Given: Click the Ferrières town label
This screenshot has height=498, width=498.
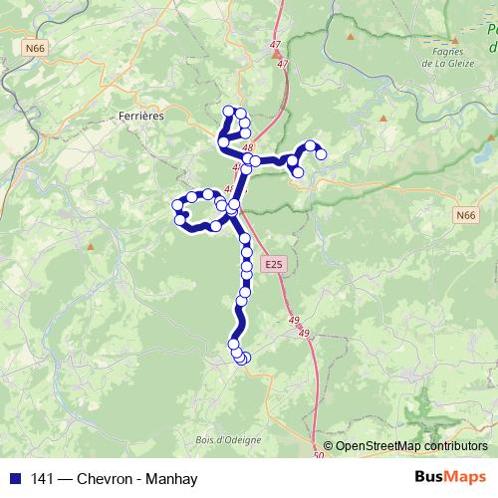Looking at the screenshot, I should click(140, 116).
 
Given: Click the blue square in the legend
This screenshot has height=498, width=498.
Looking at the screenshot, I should click(14, 479).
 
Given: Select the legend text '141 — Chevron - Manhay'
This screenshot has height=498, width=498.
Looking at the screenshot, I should click(115, 479).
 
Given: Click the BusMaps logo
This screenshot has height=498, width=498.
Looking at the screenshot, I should click(450, 478).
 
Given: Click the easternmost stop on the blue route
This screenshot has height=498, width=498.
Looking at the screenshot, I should click(321, 153).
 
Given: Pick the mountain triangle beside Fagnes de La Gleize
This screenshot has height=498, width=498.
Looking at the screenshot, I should click(351, 37).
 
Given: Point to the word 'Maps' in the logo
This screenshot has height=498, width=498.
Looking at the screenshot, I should click(467, 478).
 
